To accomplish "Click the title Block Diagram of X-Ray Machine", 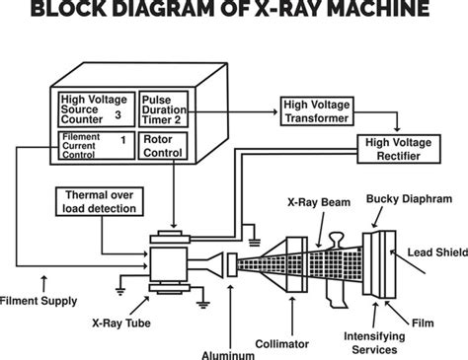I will pos(234,12).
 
